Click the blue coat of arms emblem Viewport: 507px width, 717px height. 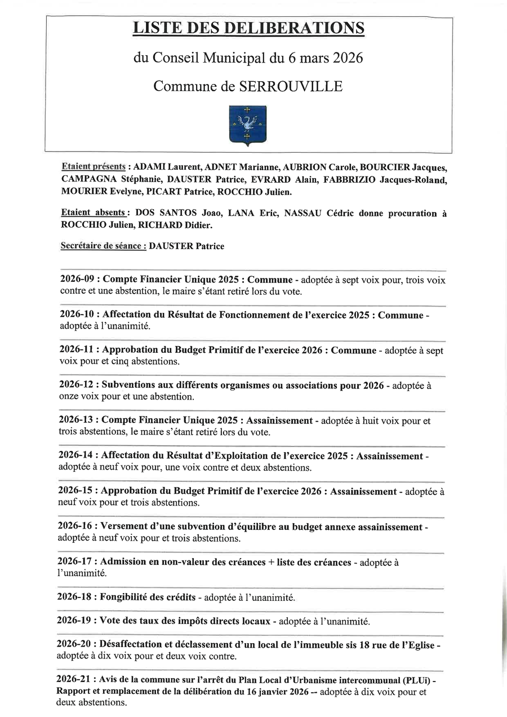coord(248,125)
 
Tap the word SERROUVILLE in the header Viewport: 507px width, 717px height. coord(291,86)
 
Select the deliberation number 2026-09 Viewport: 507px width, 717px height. coord(77,280)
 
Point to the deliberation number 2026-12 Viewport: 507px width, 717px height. coord(77,386)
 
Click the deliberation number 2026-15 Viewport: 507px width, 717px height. coord(76,491)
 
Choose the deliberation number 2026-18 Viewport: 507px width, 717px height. coord(75,597)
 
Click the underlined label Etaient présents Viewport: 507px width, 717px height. coord(93,167)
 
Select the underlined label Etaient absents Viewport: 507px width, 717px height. coord(93,213)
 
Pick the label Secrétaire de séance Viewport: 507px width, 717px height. coord(103,246)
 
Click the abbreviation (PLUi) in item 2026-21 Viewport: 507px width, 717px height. coord(415,679)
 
